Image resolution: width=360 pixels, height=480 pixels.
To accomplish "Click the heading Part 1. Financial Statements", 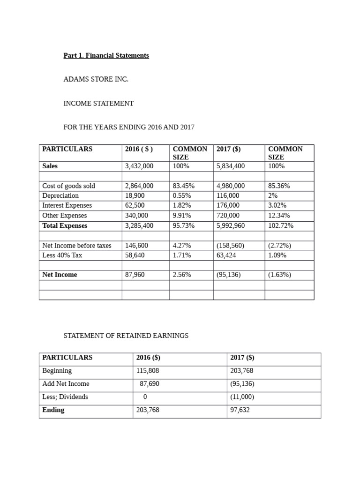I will click(106, 55).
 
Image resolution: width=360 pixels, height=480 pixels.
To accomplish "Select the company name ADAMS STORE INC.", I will click(96, 79).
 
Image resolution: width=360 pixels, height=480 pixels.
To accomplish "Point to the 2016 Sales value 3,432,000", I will click(139, 166).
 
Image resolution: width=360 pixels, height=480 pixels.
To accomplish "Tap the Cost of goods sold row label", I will click(68, 186).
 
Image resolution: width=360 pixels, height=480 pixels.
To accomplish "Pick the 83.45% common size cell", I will click(184, 186).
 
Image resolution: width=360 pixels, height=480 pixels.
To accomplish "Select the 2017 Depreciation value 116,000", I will click(228, 195).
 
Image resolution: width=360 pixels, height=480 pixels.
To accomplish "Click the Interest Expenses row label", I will click(67, 205).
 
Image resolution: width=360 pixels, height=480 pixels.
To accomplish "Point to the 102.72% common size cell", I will click(280, 225).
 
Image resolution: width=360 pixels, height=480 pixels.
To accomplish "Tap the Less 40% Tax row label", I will click(62, 255).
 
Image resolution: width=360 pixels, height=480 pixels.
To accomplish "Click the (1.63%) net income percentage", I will click(279, 275).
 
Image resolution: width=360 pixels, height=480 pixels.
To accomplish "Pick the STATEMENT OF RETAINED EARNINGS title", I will click(126, 336).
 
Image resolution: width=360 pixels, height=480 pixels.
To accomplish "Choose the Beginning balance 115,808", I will click(147, 371).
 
